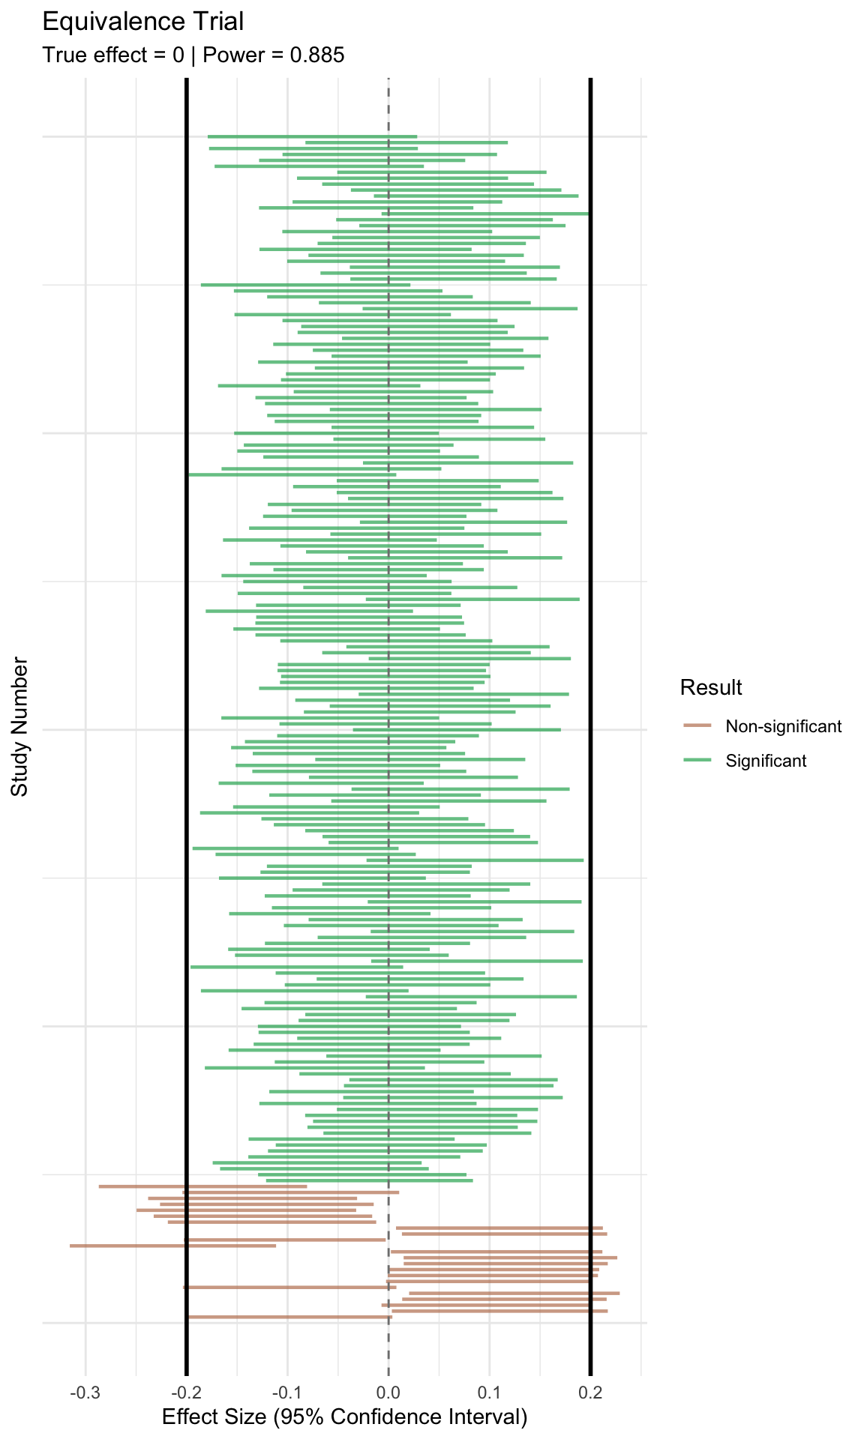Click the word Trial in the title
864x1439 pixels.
218,22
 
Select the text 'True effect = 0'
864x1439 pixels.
112,55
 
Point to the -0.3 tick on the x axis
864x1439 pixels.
85,1393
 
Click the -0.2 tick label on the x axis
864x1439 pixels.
186,1393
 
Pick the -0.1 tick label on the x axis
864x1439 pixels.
287,1393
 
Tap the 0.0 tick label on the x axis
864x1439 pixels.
388,1393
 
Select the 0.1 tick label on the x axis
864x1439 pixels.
490,1393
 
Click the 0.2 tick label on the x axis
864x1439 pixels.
591,1393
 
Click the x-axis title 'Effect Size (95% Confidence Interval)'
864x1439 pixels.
345,1417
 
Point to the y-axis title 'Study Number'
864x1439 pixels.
19,727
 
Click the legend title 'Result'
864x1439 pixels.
711,687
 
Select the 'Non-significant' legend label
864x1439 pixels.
783,726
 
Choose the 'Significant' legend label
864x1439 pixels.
766,761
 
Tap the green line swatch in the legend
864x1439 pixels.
697,761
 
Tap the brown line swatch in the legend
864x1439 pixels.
697,726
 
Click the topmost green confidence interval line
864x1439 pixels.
312,136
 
